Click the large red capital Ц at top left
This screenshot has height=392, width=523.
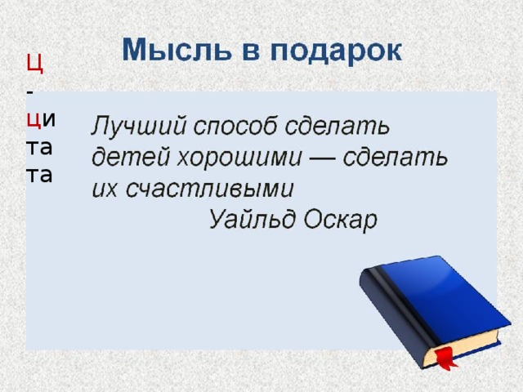pos(34,62)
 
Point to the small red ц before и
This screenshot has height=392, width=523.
pos(34,121)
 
